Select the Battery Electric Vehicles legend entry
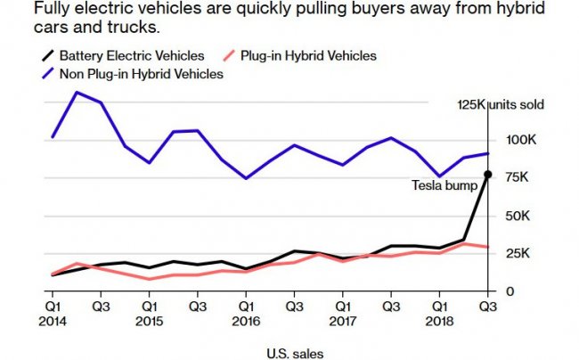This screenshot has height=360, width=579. point(125,56)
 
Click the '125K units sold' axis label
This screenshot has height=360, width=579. point(500,104)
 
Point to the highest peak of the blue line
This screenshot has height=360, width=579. point(77,92)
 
